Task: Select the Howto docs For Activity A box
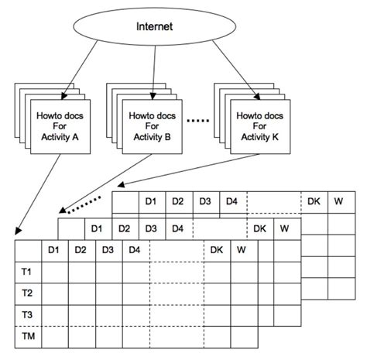tap(61, 127)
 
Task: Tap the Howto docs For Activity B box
tap(153, 126)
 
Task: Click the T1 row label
tap(28, 272)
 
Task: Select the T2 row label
tap(28, 293)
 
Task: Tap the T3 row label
tap(28, 315)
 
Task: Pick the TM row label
tap(28, 338)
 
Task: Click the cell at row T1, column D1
tap(54, 272)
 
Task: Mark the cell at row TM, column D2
tap(81, 338)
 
